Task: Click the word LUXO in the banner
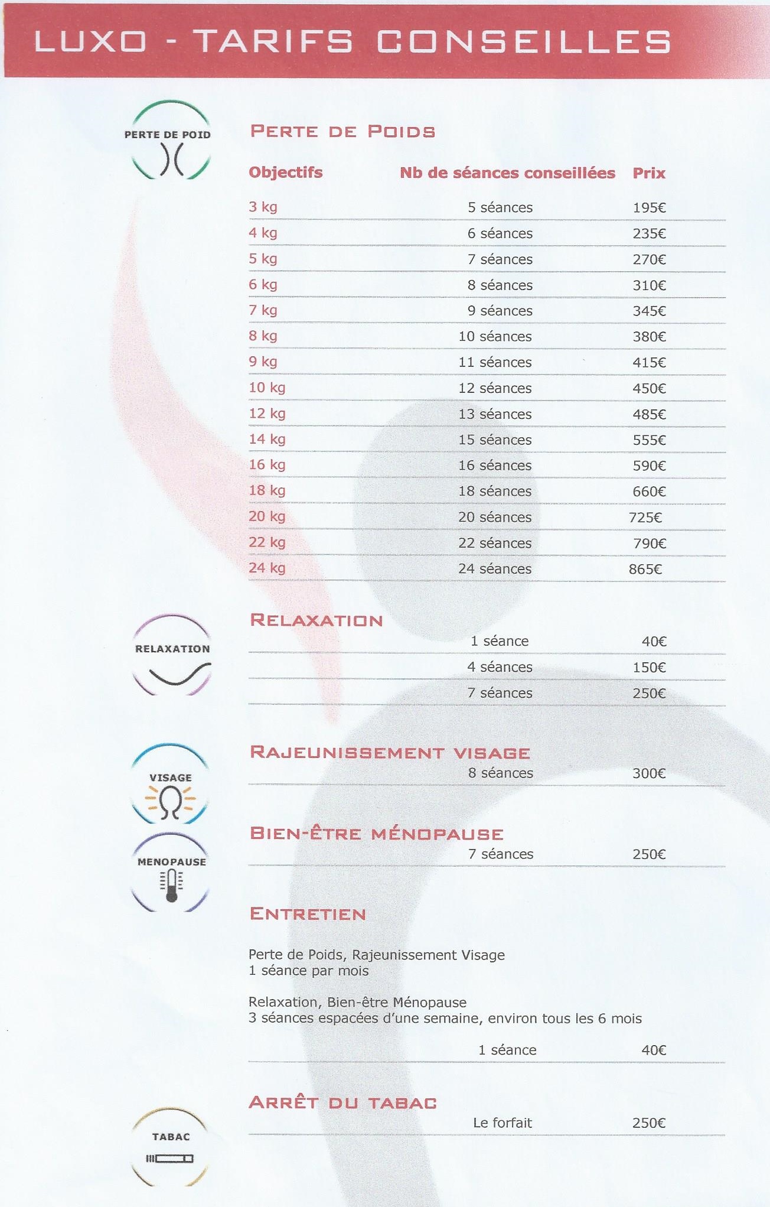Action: click(x=90, y=41)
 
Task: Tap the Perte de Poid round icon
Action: click(x=170, y=140)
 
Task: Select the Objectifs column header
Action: click(x=285, y=173)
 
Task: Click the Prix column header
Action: click(x=648, y=173)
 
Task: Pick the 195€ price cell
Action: click(x=649, y=208)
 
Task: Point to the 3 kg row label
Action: click(x=263, y=207)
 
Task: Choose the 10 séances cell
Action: click(x=495, y=337)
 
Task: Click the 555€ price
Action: click(x=649, y=440)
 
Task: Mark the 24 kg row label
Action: click(x=267, y=568)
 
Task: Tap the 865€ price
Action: click(x=645, y=570)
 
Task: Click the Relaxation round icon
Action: click(x=172, y=655)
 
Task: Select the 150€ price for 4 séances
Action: click(x=649, y=668)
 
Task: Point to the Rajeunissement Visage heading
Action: click(x=390, y=753)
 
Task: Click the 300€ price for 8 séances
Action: click(x=649, y=773)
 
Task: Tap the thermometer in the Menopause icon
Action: click(x=172, y=886)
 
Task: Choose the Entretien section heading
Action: click(x=308, y=914)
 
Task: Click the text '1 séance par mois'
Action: click(x=308, y=971)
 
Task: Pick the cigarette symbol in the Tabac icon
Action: click(x=170, y=1159)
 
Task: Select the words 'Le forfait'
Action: click(x=502, y=1123)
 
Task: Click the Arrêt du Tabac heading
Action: click(x=342, y=1102)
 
